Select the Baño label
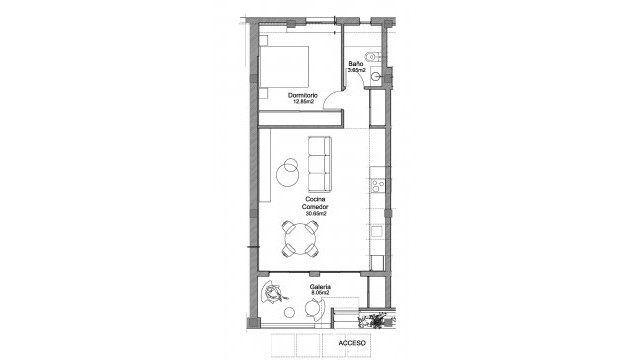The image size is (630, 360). pos(355,63)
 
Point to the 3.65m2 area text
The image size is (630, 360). pos(355,70)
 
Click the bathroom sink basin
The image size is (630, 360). pos(377,76)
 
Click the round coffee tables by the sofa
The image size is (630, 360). pos(289,170)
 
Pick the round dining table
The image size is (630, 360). pos(303,241)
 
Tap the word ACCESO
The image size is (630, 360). pos(353,343)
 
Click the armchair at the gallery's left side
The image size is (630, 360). pos(273,294)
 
